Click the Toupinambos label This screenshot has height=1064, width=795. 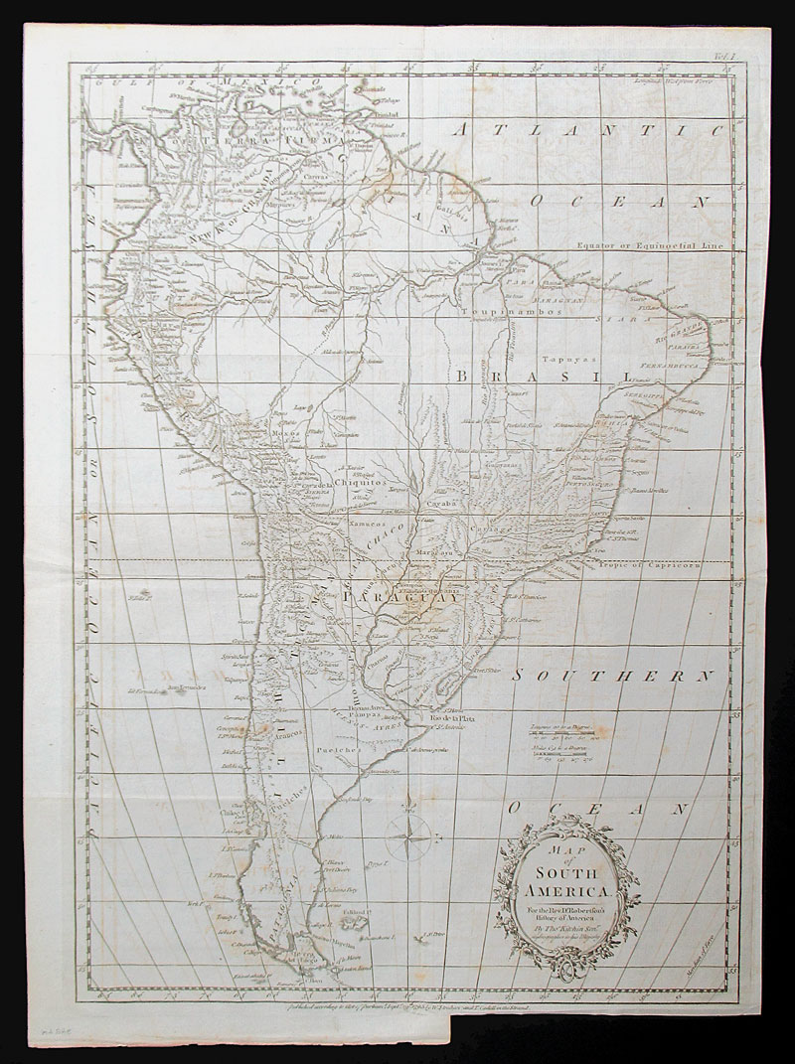point(517,311)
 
